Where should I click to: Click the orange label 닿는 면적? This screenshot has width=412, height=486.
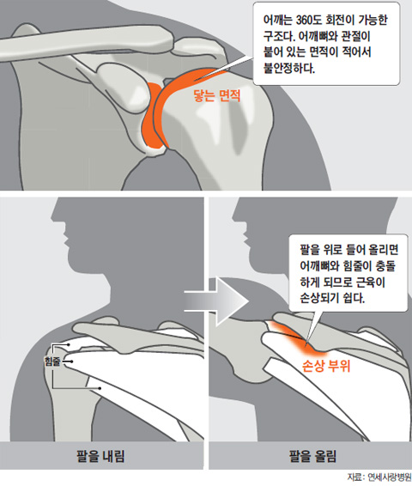(x=217, y=95)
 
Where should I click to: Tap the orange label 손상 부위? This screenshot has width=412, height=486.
(x=326, y=366)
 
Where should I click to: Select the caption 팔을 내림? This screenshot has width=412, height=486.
(x=100, y=456)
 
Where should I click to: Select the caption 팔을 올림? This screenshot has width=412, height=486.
(x=312, y=456)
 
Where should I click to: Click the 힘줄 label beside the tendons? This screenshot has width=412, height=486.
(x=52, y=361)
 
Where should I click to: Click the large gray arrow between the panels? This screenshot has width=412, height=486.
(x=217, y=301)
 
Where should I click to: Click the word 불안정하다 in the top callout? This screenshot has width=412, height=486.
(x=288, y=68)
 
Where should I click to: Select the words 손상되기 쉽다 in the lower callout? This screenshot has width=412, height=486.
(x=332, y=298)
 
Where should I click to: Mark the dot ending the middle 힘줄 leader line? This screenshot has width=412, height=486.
(x=71, y=361)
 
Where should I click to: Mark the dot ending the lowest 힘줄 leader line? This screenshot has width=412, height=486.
(x=100, y=388)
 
